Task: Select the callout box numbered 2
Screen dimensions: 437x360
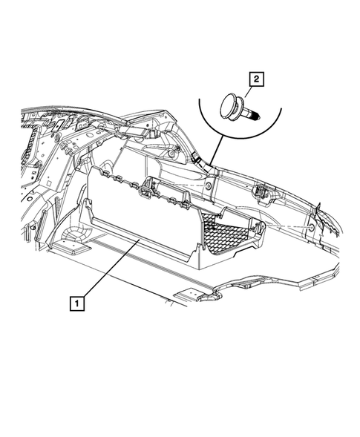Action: tap(256, 78)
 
